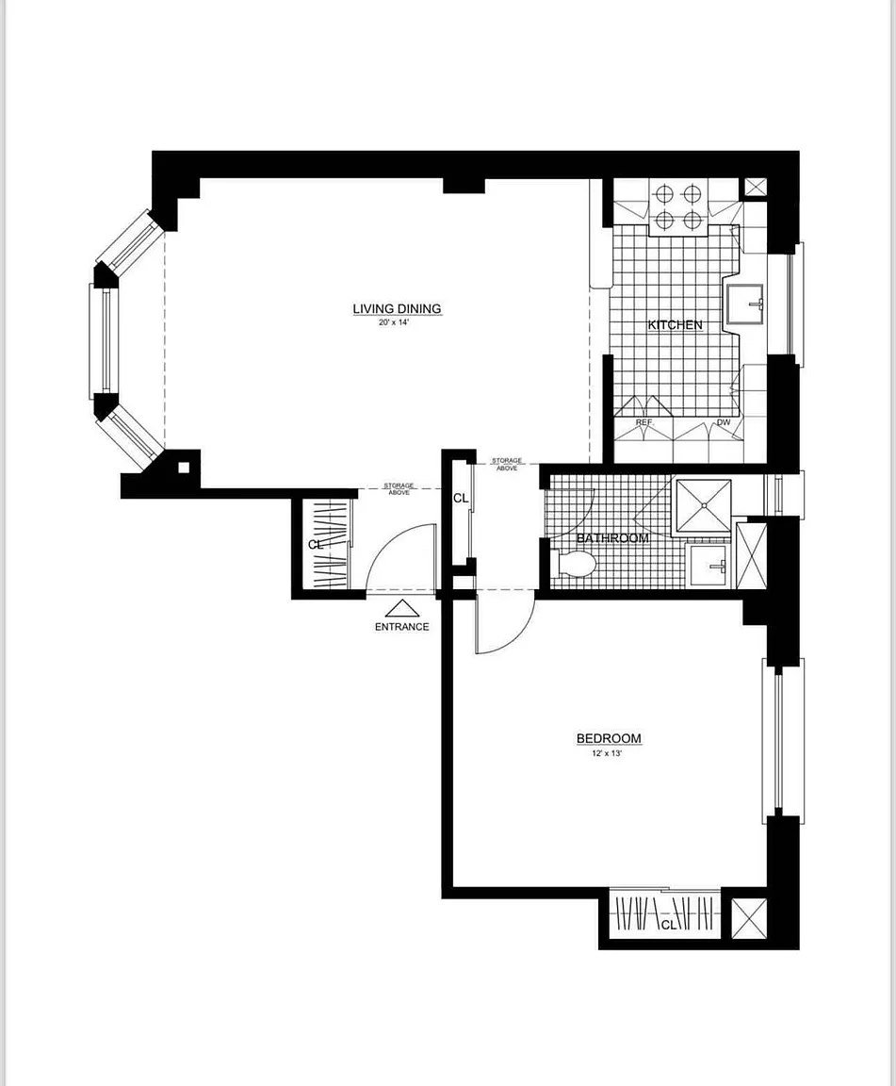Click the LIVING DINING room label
pos(397,309)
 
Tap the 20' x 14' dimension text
pos(395,322)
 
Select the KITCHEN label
pos(676,324)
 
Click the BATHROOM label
pos(612,538)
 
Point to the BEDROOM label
pos(609,738)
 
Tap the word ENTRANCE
pos(401,627)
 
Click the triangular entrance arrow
pos(402,608)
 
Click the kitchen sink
pos(745,304)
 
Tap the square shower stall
pos(704,506)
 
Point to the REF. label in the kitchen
pos(644,422)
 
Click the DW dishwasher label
pos(724,422)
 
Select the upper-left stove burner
pos(665,193)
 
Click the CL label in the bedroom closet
pos(668,925)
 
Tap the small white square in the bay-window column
pos(184,468)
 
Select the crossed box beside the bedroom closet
pos(749,918)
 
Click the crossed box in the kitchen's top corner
pos(755,187)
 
